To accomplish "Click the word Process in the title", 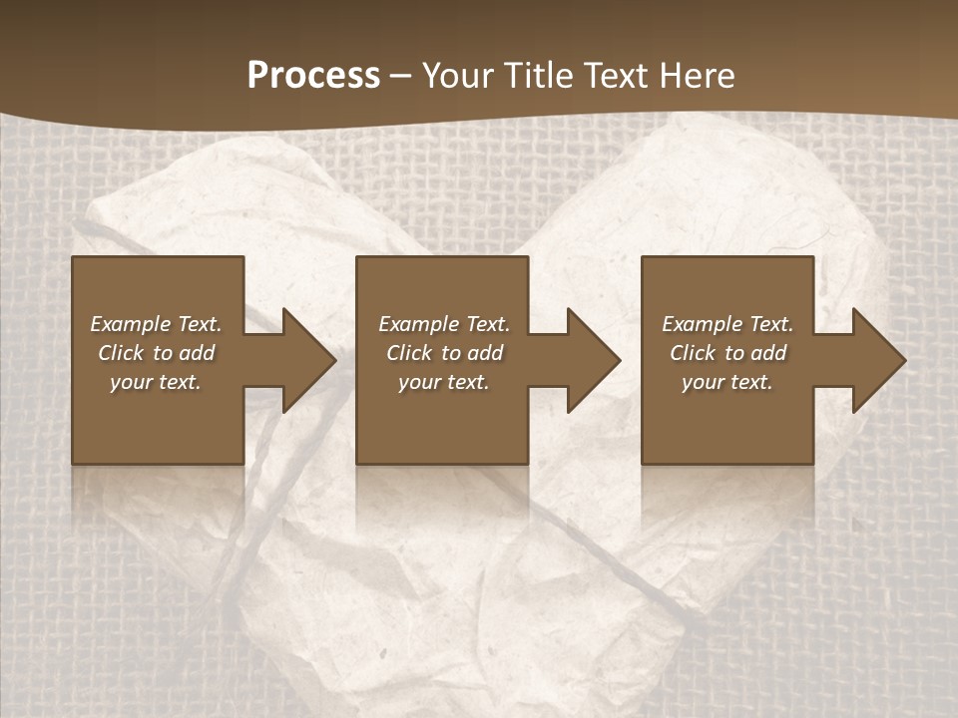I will click(x=313, y=76).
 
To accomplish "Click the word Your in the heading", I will click(x=460, y=76).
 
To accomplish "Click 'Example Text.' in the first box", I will click(x=156, y=324).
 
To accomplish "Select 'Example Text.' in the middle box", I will click(x=444, y=324).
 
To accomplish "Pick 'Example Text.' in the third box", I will click(x=727, y=324).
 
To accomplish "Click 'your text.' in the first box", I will click(x=156, y=382).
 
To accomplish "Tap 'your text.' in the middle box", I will click(x=444, y=382).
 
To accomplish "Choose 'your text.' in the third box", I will click(x=727, y=382).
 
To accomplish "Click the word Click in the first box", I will click(x=121, y=353).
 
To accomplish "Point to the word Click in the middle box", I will click(x=409, y=353).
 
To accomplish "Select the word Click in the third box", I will click(x=693, y=353).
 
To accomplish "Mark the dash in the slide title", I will click(x=401, y=76).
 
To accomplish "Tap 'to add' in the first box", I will click(x=185, y=353).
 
